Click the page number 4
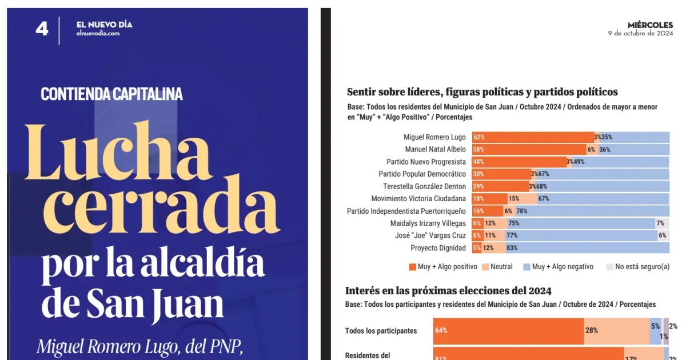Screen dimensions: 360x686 pos(42,29)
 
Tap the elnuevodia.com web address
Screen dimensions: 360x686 pos(98,34)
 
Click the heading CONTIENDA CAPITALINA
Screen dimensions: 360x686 pos(111,94)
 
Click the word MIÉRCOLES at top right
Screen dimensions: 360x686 pos(650,25)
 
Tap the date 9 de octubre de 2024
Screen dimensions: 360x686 pos(640,33)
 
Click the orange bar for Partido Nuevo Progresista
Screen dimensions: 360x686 pos(519,162)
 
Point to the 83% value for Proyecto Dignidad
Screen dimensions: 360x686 pos(512,248)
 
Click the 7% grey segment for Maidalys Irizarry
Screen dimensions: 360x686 pos(661,223)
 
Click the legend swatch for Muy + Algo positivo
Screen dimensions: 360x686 pos(413,267)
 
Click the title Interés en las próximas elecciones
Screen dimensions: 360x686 pos(449,291)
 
